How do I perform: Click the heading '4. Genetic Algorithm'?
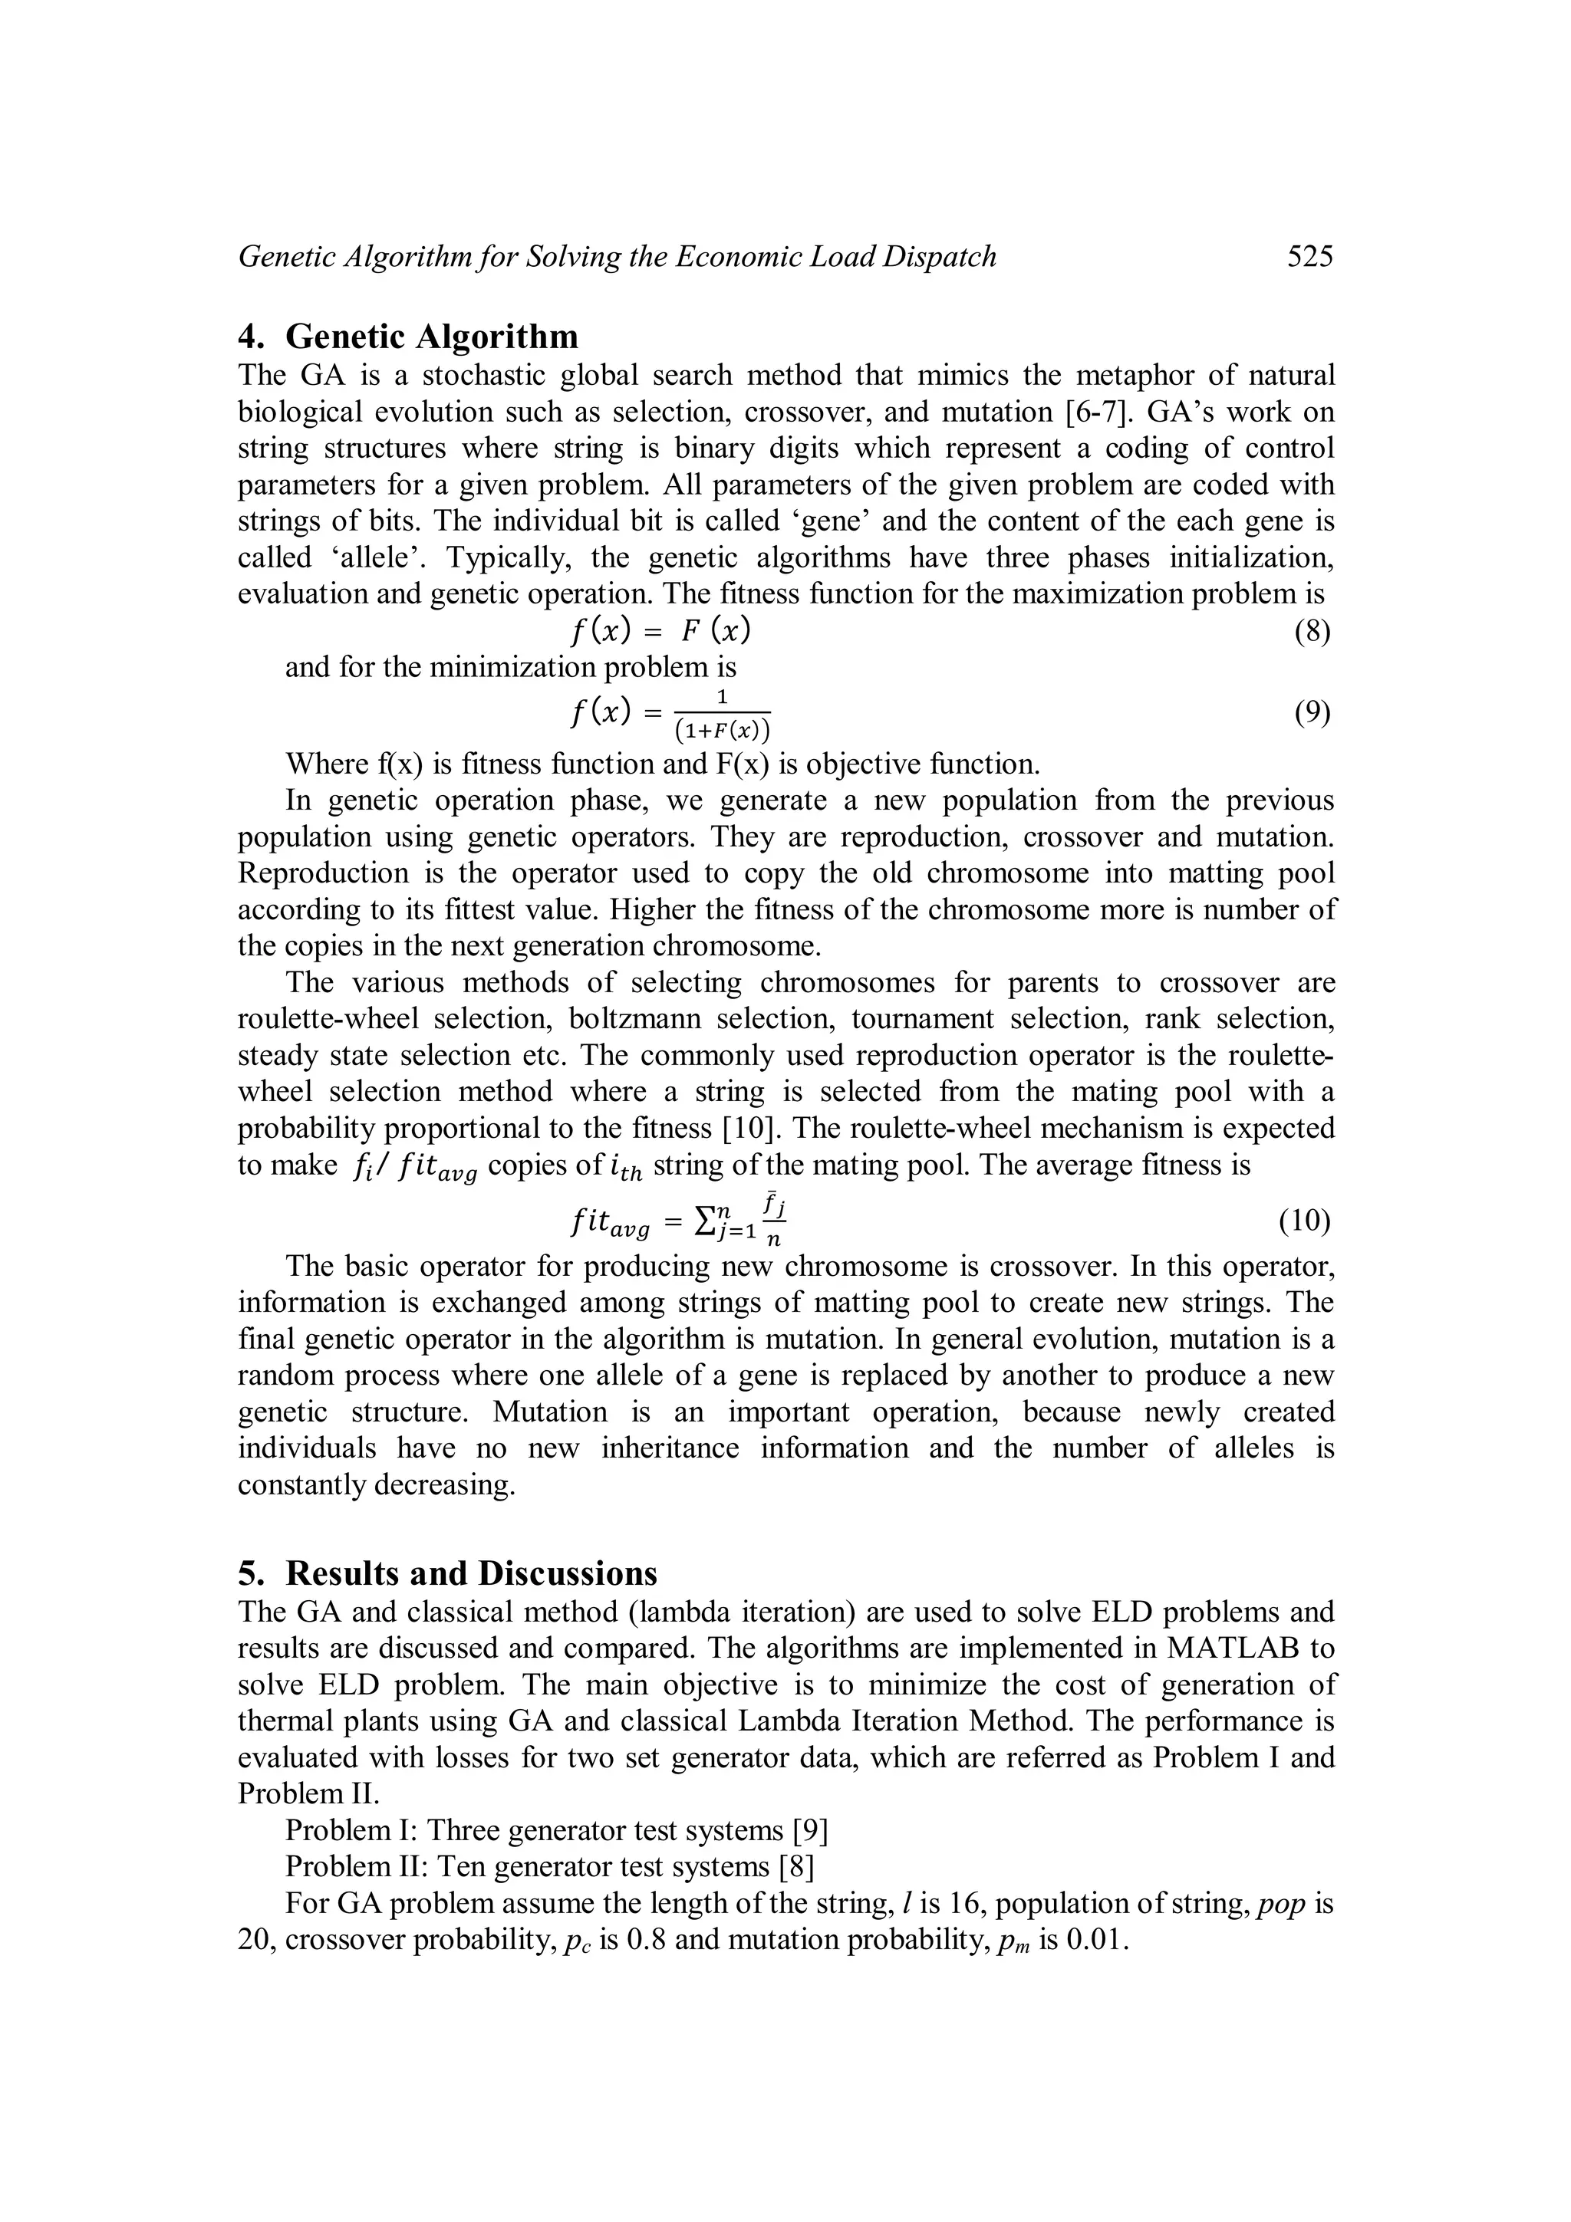409,336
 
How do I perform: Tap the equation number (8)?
1312,632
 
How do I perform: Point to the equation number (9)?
1312,713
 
